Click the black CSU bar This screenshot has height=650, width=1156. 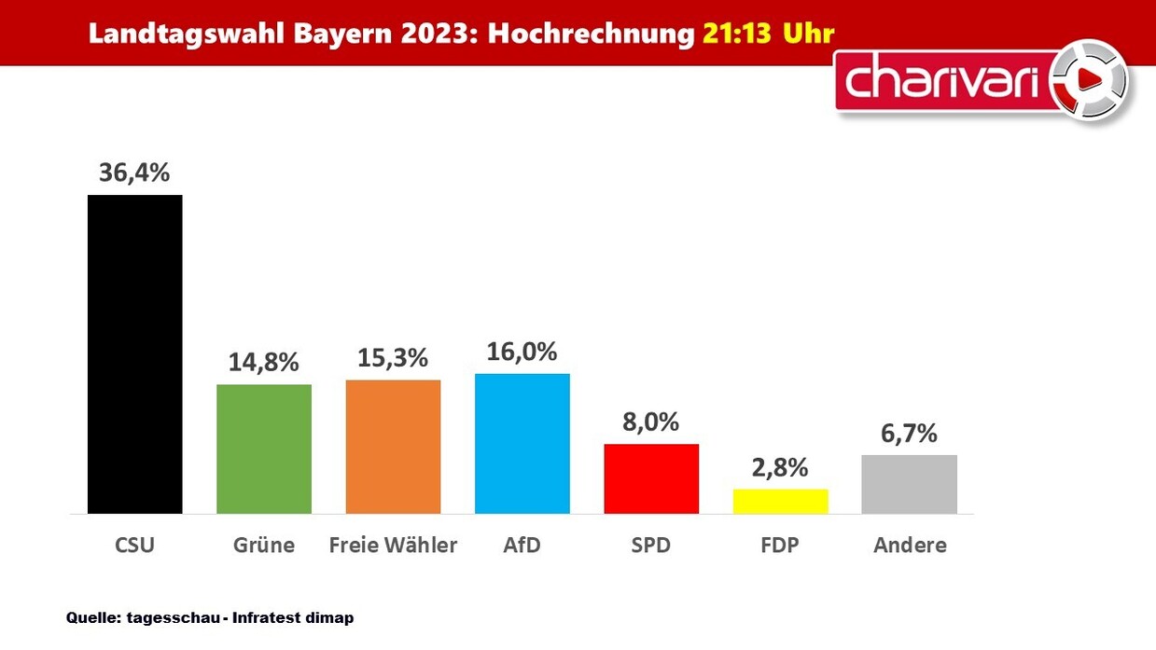pos(134,354)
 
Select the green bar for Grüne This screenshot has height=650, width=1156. pos(264,449)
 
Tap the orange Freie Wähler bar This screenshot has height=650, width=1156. pos(393,447)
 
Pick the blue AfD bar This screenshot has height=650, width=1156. pos(522,444)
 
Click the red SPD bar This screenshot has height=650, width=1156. pos(651,478)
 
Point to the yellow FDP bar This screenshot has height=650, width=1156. pos(780,501)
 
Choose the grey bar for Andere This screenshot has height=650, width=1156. pos(909,484)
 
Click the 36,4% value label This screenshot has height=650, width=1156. pos(134,173)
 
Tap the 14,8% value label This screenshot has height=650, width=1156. pos(264,362)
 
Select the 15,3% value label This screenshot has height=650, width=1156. pos(393,357)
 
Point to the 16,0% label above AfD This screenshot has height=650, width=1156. pos(522,352)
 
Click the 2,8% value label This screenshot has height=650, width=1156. pos(780,467)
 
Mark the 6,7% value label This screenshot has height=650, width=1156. pos(909,433)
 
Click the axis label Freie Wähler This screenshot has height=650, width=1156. pos(393,546)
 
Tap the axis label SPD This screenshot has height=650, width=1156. pos(651,546)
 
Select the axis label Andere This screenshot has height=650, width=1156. pos(909,546)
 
